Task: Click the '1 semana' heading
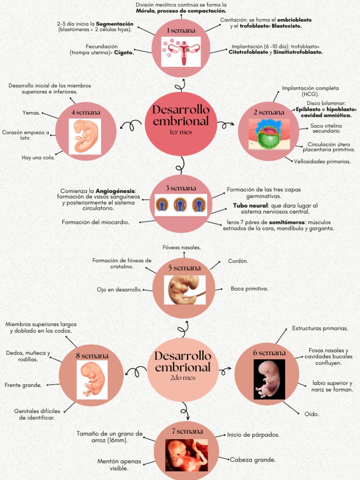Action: (x=180, y=30)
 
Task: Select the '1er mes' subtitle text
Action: (x=180, y=132)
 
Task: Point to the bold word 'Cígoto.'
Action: (x=124, y=52)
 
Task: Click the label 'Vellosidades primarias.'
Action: (x=322, y=161)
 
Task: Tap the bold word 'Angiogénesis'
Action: (x=115, y=191)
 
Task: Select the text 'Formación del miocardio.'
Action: (x=96, y=222)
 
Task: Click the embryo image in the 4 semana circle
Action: (x=85, y=136)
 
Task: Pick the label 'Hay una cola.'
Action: (x=38, y=157)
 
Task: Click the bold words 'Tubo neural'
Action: (x=250, y=205)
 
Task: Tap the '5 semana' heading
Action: (x=184, y=268)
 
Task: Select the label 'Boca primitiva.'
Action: (x=249, y=289)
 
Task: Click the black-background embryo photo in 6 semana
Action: (x=269, y=379)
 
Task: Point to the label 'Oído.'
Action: (x=312, y=414)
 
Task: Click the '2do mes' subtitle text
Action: (x=183, y=378)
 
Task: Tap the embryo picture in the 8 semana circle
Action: (x=92, y=379)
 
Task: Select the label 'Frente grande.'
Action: (x=23, y=385)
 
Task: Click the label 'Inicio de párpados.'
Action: (x=253, y=435)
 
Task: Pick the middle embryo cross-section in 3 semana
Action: (x=180, y=205)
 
